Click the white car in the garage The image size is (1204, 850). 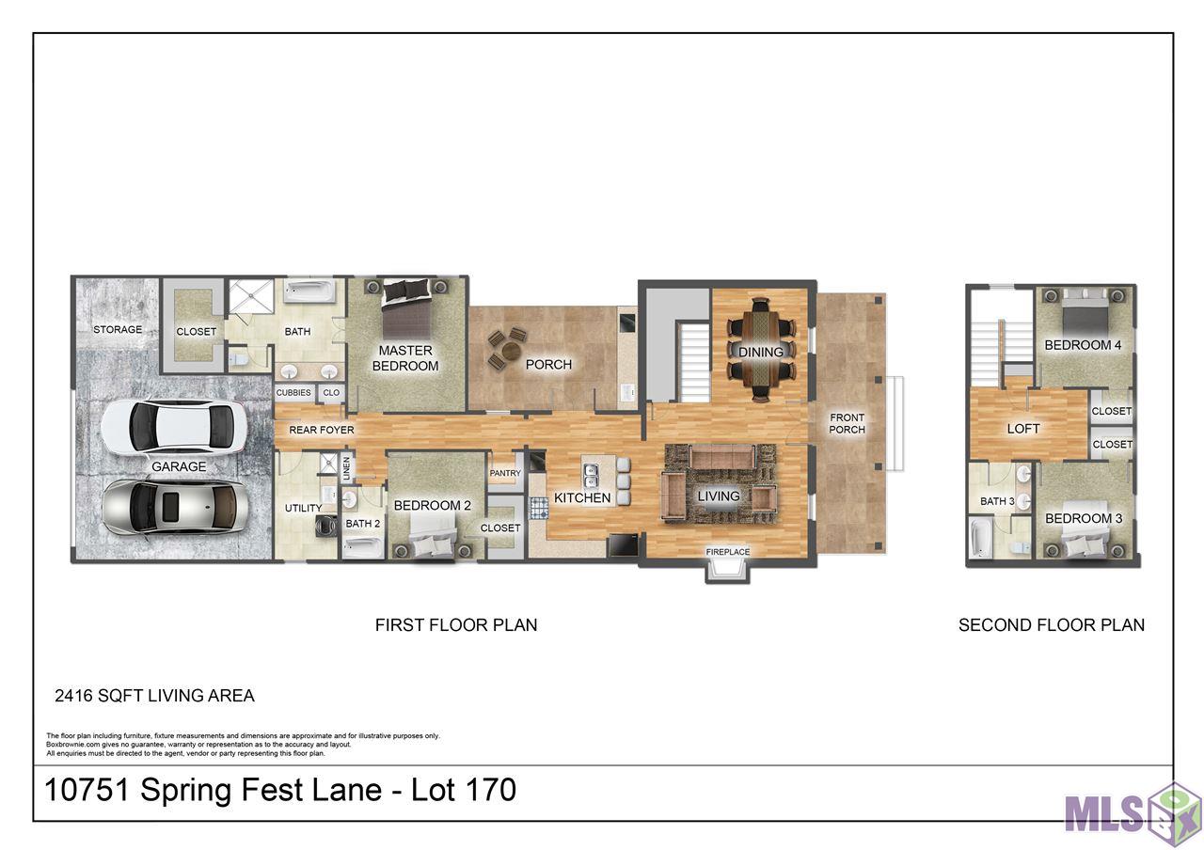[174, 427]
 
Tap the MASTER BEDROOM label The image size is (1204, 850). [405, 358]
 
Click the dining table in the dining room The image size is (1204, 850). [761, 351]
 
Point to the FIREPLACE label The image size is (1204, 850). [727, 552]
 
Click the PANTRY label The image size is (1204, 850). [505, 473]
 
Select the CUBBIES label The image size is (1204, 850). [293, 393]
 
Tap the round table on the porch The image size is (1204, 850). [509, 353]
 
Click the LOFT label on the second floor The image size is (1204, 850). [1022, 428]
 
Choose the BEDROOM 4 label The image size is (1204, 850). [1083, 345]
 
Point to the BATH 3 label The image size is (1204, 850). [997, 501]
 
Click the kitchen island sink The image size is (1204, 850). [591, 476]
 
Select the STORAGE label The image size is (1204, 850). [118, 329]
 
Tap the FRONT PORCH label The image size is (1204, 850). [847, 423]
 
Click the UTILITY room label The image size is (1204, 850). [303, 508]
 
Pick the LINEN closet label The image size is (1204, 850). [347, 468]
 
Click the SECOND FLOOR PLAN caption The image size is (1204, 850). [1052, 625]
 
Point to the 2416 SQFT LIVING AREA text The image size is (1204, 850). [154, 695]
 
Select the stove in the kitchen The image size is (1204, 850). [539, 508]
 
